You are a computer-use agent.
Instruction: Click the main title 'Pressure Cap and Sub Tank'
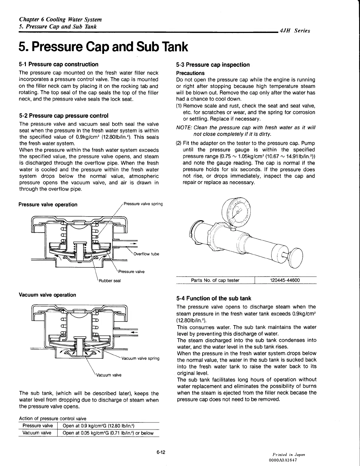[103, 47]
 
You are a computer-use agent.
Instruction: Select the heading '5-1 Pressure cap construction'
[58, 64]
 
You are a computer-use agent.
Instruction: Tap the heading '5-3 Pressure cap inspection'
[213, 65]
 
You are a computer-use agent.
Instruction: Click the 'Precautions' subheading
[190, 73]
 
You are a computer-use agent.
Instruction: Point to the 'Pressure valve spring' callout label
[143, 204]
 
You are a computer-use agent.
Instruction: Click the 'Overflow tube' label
[146, 254]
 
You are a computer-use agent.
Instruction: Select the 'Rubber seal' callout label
[110, 281]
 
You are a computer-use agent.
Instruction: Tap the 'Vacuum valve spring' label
[140, 358]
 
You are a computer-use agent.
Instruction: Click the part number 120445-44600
[285, 280]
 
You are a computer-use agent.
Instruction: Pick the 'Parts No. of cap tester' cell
[215, 280]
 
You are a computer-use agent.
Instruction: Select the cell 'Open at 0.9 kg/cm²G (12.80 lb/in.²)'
[99, 426]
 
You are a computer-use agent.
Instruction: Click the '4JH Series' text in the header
[295, 31]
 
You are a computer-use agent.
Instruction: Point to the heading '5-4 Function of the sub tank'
[214, 298]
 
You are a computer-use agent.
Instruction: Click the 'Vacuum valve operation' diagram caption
[47, 295]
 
